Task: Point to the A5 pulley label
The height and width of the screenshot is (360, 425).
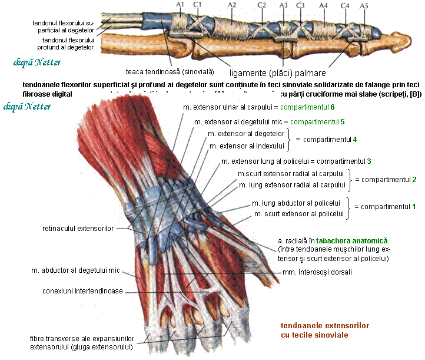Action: click(364, 5)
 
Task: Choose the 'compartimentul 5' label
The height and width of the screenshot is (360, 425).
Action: click(318, 122)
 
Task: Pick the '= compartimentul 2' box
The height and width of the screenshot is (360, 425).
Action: click(385, 179)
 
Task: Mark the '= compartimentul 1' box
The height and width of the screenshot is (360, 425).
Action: click(385, 207)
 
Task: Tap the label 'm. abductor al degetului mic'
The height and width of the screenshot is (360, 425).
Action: click(75, 270)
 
